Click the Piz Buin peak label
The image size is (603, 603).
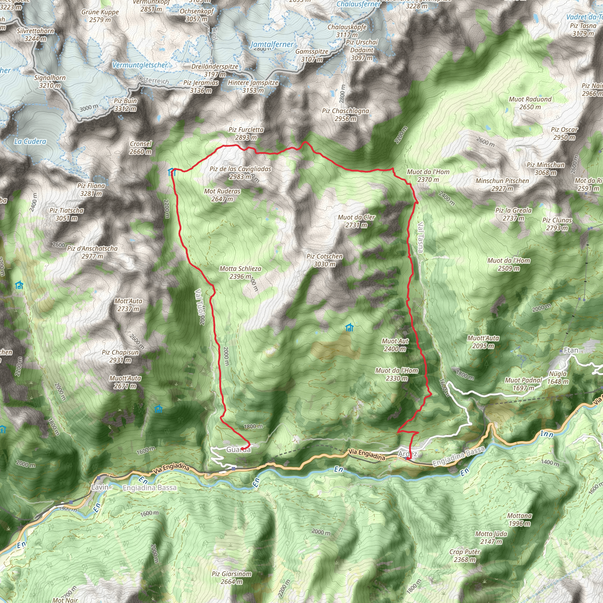pos(125,105)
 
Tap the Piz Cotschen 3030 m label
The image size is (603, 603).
pos(324,260)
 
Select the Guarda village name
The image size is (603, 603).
pos(238,449)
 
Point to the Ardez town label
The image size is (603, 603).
pos(407,454)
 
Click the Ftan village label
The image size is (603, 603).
pos(571,350)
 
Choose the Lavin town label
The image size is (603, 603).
pos(100,487)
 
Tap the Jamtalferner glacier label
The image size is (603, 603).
pos(272,45)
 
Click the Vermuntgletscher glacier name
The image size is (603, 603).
pos(140,65)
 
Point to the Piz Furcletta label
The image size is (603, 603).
pos(246,133)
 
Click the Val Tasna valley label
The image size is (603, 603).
pos(420,237)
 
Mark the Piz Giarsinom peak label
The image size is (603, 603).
pos(232,577)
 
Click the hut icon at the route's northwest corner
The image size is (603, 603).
pos(171,172)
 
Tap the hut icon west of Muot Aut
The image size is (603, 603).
pos(349,327)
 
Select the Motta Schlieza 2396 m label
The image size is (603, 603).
pos(240,272)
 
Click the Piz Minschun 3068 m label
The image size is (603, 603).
pos(546,168)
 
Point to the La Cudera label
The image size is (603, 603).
pos(30,141)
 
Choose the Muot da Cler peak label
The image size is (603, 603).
pos(357,221)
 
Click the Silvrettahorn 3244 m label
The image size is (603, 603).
pos(35,35)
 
